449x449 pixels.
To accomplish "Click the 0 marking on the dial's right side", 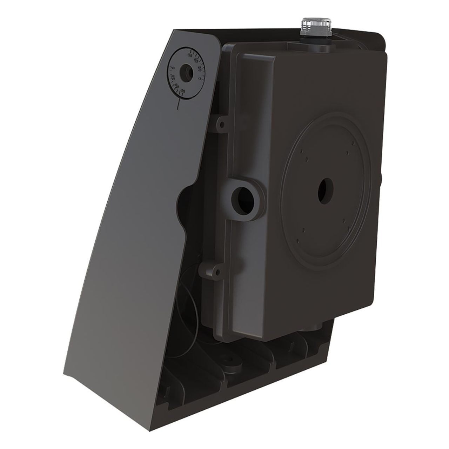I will point(200,78).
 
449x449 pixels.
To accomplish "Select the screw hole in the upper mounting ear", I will point(222,123).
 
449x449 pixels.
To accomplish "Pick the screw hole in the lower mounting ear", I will point(217,272).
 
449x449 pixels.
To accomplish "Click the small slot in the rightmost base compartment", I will point(291,347).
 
